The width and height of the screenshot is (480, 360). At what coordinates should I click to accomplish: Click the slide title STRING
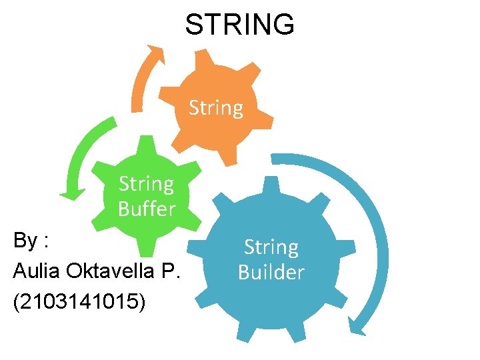(239, 25)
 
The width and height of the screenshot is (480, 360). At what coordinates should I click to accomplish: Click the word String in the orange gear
(216, 107)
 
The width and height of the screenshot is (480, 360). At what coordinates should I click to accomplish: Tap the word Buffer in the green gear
(147, 209)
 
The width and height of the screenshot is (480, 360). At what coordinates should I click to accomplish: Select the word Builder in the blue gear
(271, 272)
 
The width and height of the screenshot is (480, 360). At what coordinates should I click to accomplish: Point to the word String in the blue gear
(271, 247)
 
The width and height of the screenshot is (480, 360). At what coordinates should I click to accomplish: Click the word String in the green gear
(146, 183)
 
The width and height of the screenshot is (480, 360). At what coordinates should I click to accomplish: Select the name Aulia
(34, 271)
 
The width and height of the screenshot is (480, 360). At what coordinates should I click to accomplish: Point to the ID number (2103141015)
(78, 301)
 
